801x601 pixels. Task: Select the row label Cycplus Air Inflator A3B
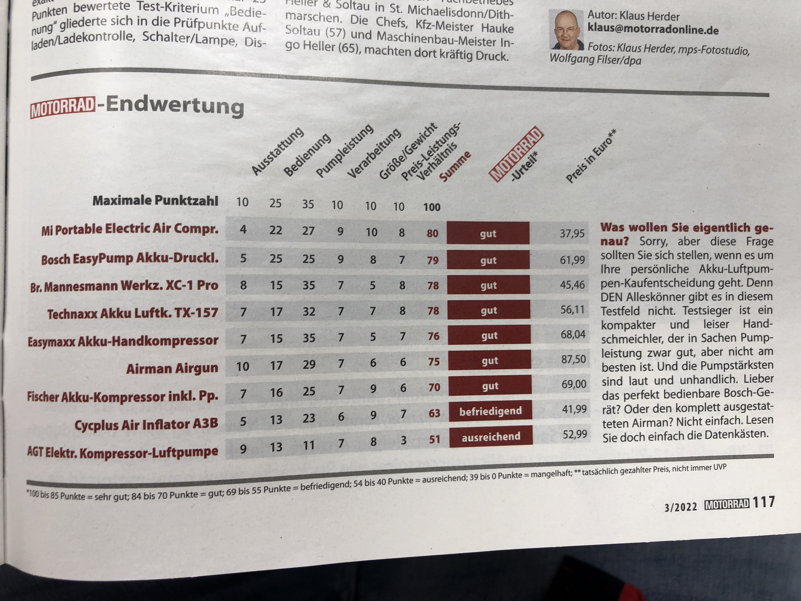tap(146, 424)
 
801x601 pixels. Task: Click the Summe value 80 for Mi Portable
tap(432, 233)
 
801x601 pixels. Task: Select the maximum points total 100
tap(432, 207)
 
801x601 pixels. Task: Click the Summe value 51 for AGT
tap(434, 439)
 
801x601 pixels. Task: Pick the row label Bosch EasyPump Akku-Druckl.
tap(130, 259)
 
